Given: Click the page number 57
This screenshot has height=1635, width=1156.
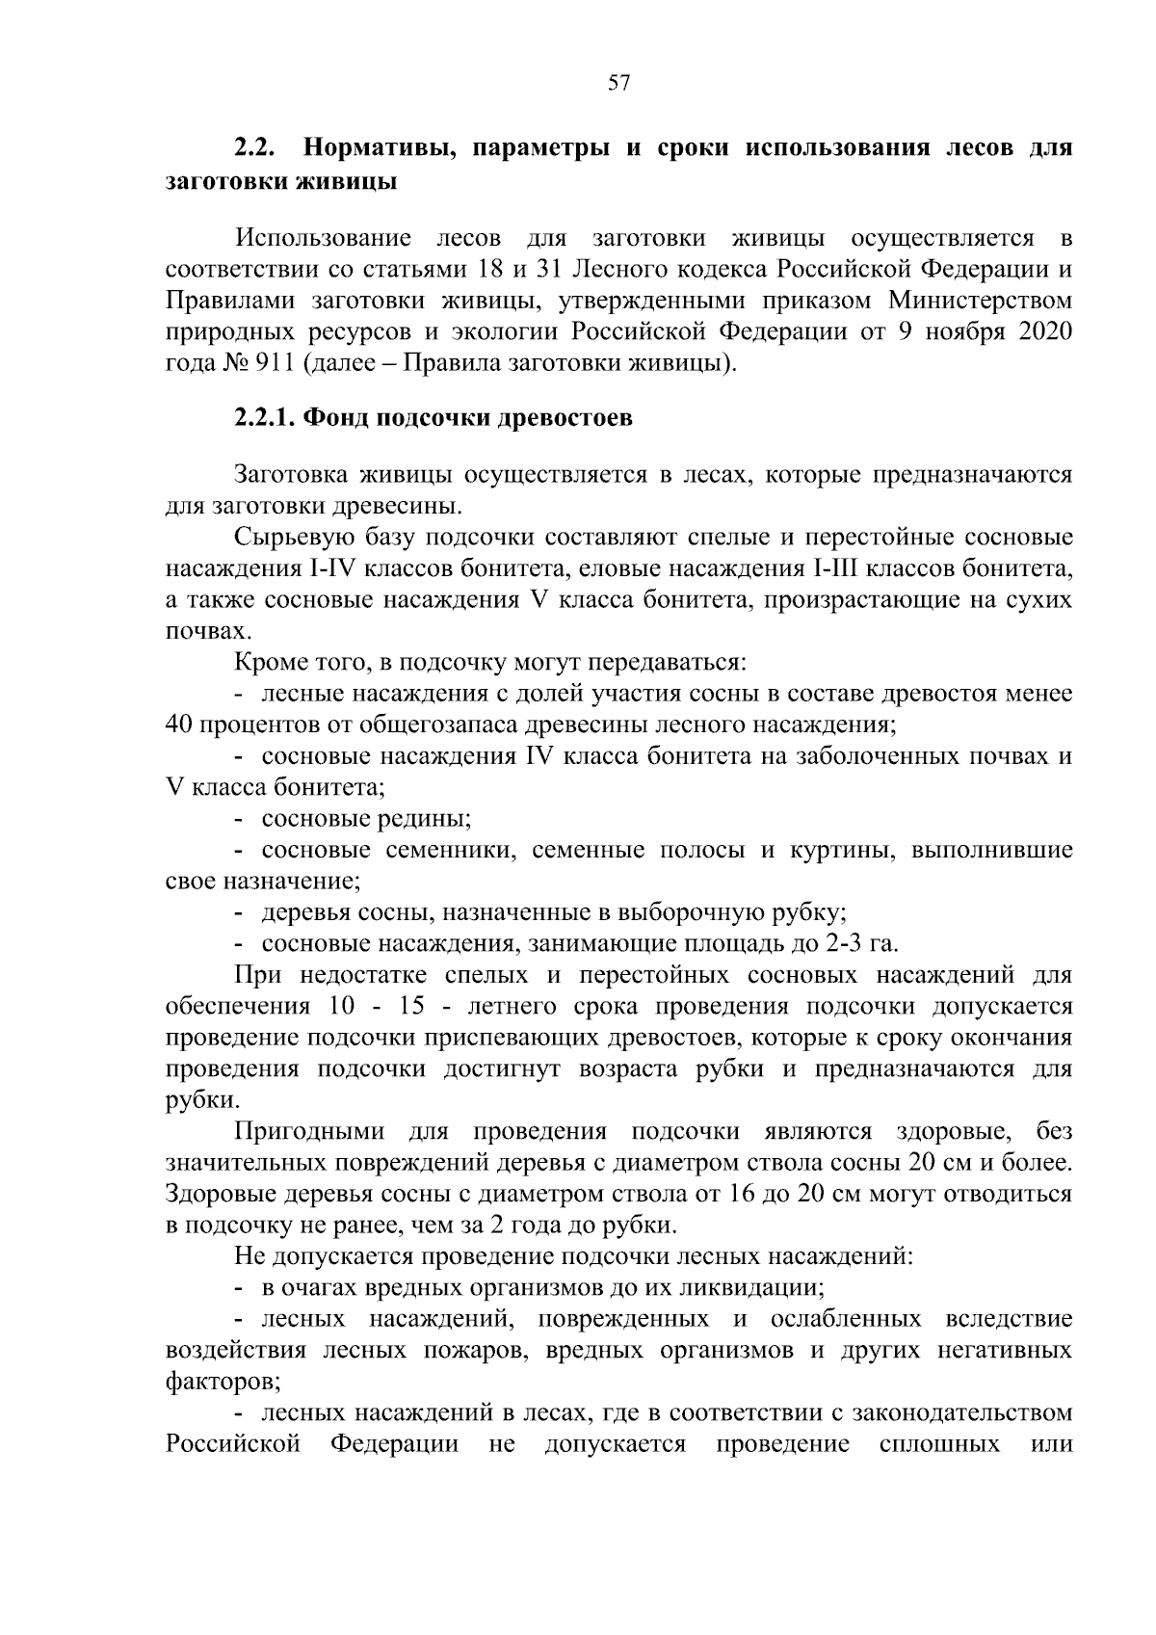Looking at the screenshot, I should click(618, 83).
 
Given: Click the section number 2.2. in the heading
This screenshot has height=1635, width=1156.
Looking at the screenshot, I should click(257, 149).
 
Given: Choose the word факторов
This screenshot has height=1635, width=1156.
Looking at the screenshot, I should click(222, 1382).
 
